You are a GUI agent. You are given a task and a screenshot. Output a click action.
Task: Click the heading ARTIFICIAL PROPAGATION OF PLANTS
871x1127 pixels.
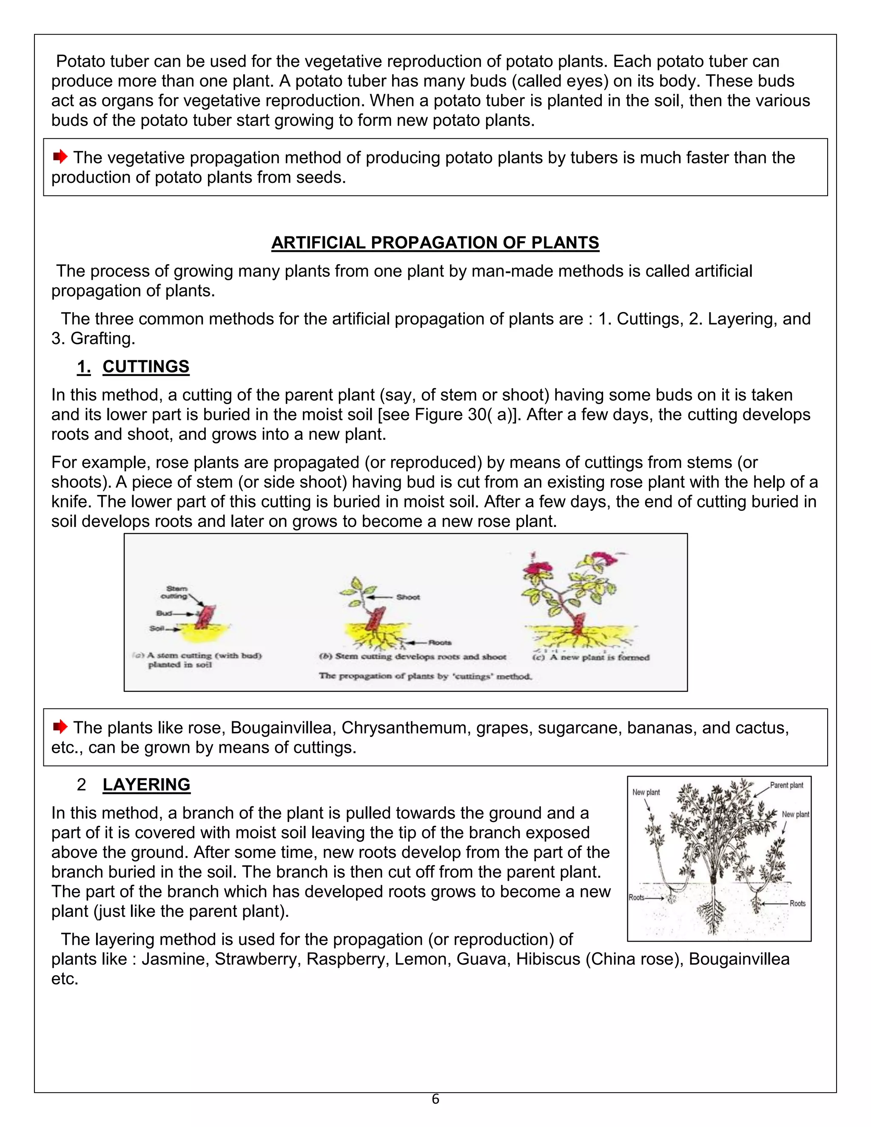click(435, 242)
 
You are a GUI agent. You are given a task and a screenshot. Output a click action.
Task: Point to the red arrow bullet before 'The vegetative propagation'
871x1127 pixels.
click(60, 157)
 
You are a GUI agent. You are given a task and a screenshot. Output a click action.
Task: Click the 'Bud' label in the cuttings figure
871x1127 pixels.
click(164, 613)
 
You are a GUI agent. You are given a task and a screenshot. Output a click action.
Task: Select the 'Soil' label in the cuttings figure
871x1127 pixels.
click(157, 628)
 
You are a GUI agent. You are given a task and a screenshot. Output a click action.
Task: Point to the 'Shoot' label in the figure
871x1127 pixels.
click(407, 597)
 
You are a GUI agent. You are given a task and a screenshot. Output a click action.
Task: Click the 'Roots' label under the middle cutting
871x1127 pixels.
click(440, 643)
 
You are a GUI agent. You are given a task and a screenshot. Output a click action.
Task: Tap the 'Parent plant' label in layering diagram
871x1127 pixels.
click(786, 785)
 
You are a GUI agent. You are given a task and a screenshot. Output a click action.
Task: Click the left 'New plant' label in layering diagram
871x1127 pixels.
click(646, 792)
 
